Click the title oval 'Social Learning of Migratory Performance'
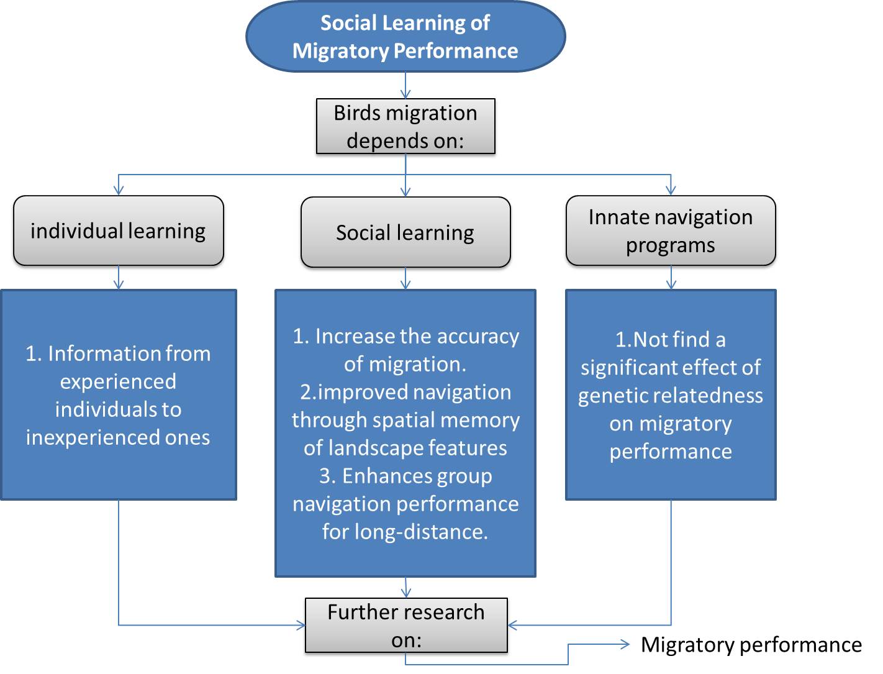(x=405, y=37)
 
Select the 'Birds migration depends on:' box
(x=405, y=126)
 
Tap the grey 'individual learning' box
(x=118, y=231)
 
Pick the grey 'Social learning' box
(x=405, y=232)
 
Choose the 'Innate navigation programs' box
(x=671, y=231)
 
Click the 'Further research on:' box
(x=406, y=625)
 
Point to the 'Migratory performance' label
(x=751, y=645)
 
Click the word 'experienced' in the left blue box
(x=118, y=381)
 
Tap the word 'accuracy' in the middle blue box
(x=478, y=336)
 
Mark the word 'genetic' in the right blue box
(x=612, y=396)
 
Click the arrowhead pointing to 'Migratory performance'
(x=625, y=645)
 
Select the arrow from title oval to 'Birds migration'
(x=405, y=86)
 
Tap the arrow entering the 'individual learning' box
(x=119, y=186)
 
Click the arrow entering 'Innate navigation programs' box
(x=671, y=186)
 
